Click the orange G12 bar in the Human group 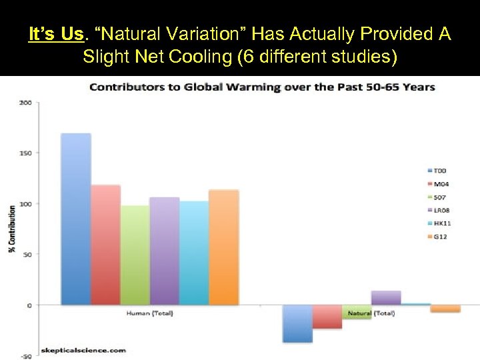click(223, 247)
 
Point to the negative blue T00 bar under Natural click(297, 323)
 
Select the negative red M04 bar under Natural click(327, 317)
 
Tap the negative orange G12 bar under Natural click(445, 309)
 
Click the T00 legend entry click(441, 171)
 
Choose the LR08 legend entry click(442, 210)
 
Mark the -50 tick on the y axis click(25, 356)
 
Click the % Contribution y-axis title click(11, 229)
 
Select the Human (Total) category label click(148, 313)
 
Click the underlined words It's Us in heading click(55, 33)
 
